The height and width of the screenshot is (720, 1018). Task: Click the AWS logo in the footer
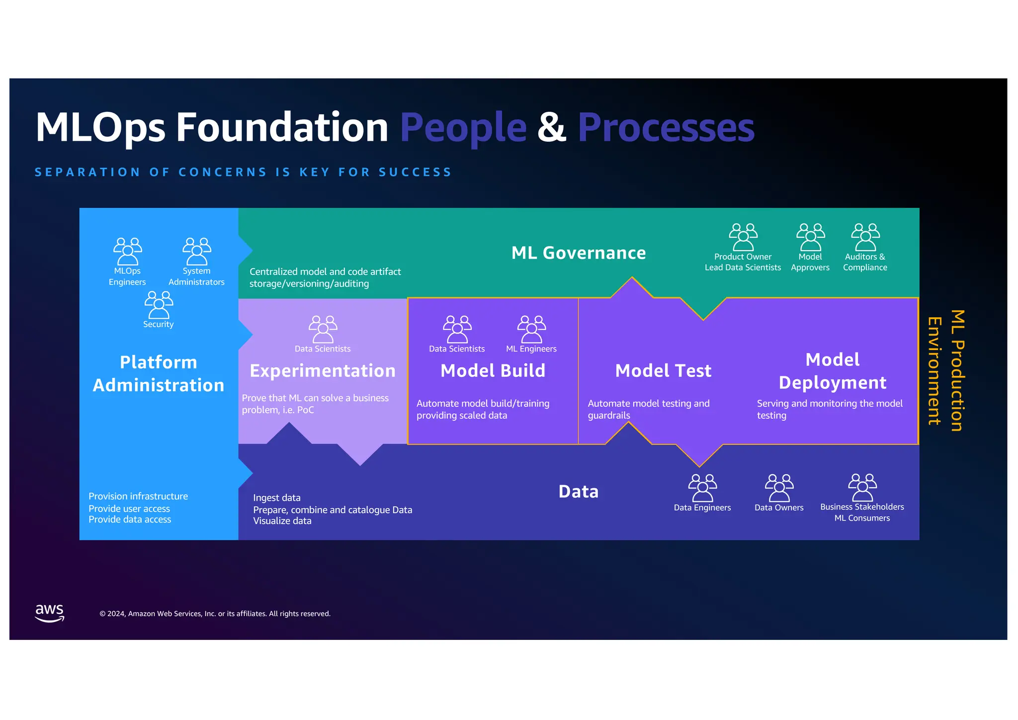point(50,613)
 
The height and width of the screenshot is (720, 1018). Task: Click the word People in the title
point(463,128)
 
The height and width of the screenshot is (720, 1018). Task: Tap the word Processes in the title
point(666,128)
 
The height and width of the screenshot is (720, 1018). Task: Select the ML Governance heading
point(579,253)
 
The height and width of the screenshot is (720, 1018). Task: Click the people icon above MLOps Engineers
point(128,251)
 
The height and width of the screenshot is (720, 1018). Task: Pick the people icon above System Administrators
point(197,251)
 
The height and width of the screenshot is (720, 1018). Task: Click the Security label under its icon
point(159,324)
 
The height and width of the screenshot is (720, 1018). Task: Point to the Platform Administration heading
point(159,373)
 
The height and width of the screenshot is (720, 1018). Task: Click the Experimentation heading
point(323,371)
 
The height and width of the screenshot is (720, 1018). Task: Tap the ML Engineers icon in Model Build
point(531,329)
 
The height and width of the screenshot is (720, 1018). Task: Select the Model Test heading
point(663,371)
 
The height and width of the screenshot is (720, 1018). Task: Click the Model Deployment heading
point(832,371)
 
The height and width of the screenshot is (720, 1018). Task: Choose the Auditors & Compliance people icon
point(865,237)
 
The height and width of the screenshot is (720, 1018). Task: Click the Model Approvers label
point(810,262)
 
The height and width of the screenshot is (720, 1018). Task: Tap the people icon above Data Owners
point(779,488)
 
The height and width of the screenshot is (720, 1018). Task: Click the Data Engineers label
point(702,508)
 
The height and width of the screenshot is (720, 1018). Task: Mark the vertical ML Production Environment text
point(945,370)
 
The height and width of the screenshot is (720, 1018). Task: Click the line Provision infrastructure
point(138,496)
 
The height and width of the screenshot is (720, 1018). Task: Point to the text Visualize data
point(282,521)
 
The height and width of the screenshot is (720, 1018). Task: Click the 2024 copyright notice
point(215,614)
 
